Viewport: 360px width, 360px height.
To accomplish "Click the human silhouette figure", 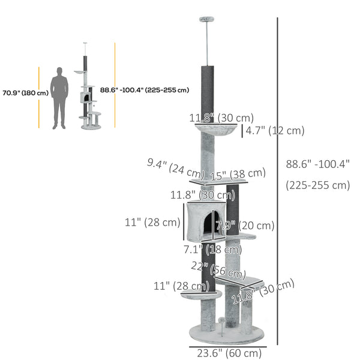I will pyautogui.click(x=59, y=98).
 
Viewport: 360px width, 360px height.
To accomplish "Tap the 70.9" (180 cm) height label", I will pyautogui.click(x=25, y=93).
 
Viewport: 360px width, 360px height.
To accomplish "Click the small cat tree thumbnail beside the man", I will pyautogui.click(x=88, y=90).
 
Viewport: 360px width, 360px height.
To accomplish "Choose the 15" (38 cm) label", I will pyautogui.click(x=238, y=174).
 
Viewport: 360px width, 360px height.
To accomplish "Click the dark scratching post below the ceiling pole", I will pyautogui.click(x=208, y=87).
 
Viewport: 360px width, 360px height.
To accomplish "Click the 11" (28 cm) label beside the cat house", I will pyautogui.click(x=152, y=223).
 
